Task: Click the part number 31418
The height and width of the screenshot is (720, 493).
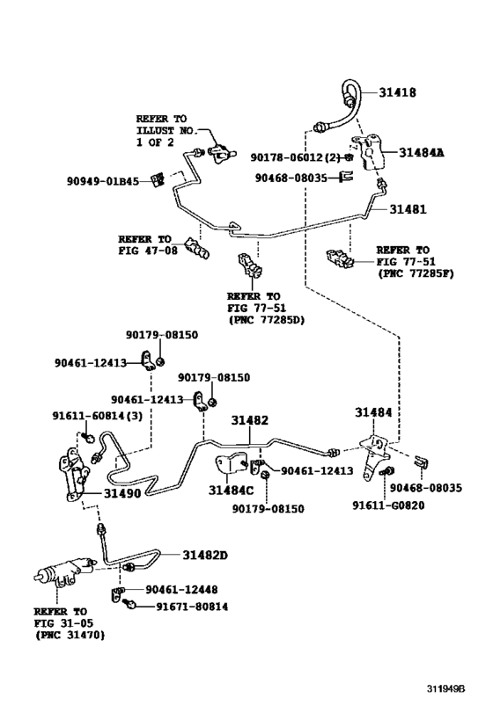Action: point(398,91)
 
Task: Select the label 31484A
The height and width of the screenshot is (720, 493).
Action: point(422,153)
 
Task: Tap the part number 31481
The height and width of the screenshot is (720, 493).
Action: point(408,209)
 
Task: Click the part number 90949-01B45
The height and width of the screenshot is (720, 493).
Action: point(103,182)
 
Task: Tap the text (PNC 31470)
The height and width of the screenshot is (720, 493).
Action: point(70,635)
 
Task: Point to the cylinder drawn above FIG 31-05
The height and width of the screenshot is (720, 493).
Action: point(58,578)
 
